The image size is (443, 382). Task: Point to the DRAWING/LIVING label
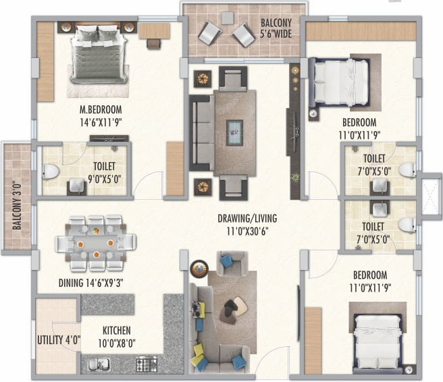click(247, 219)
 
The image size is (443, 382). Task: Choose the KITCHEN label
click(117, 331)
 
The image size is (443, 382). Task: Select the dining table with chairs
click(95, 238)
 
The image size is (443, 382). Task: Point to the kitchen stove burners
click(146, 365)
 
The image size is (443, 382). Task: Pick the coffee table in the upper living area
click(235, 129)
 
